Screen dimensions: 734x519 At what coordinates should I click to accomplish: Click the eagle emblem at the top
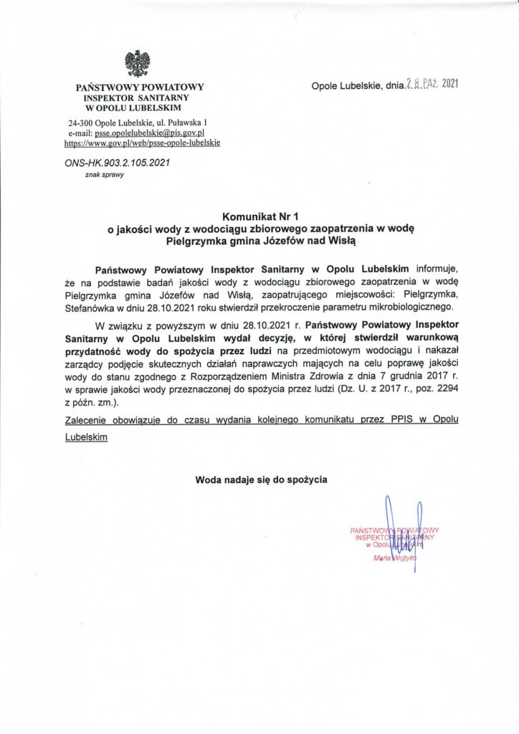(x=137, y=63)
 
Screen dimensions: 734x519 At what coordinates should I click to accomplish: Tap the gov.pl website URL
(x=142, y=143)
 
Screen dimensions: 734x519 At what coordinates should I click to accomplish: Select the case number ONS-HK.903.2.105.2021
(x=117, y=163)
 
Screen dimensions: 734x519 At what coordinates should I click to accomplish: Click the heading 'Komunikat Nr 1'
(x=259, y=215)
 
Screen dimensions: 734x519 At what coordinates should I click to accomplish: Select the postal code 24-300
(x=82, y=123)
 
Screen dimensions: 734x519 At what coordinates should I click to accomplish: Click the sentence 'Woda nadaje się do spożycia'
(x=260, y=478)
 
